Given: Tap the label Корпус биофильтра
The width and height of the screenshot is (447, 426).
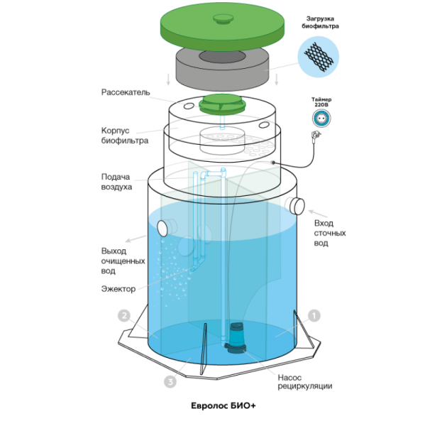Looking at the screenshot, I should coord(124,136).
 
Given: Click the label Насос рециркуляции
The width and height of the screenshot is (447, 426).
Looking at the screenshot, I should coord(301,381).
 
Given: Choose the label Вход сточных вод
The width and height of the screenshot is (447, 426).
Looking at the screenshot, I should coord(330,233).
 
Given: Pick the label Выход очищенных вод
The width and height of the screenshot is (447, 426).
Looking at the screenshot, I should coord(118,261).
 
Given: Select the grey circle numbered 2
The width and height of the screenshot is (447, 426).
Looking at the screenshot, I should coord(124,315).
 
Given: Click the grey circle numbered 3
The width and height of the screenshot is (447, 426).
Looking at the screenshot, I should coord(170,382).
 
